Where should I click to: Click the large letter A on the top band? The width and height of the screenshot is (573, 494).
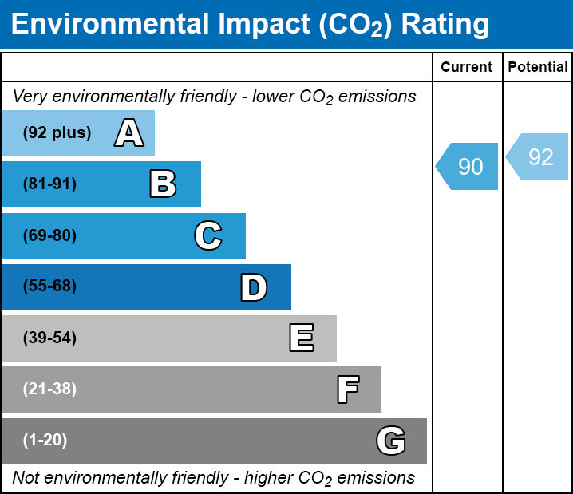pyautogui.click(x=129, y=133)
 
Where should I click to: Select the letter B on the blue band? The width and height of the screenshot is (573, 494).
pyautogui.click(x=163, y=184)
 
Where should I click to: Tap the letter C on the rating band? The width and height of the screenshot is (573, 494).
pyautogui.click(x=207, y=236)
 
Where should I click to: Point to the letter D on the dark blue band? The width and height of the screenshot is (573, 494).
pyautogui.click(x=254, y=287)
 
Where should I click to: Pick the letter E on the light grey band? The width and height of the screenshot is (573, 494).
pyautogui.click(x=301, y=338)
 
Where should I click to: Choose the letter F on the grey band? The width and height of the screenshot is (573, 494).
pyautogui.click(x=347, y=389)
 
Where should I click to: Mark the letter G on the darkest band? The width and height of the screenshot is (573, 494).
pyautogui.click(x=391, y=441)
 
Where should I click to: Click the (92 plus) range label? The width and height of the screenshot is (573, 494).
pyautogui.click(x=57, y=133)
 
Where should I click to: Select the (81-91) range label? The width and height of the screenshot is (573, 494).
pyautogui.click(x=49, y=184)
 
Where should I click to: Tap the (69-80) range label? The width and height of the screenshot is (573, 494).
pyautogui.click(x=49, y=236)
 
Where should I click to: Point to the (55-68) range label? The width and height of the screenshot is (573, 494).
pyautogui.click(x=49, y=287)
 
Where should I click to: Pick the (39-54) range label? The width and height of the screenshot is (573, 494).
pyautogui.click(x=49, y=338)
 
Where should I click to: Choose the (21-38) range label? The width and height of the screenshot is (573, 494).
pyautogui.click(x=49, y=389)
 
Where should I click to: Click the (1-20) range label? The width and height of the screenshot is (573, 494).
pyautogui.click(x=45, y=441)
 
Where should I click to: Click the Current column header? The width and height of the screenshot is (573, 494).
pyautogui.click(x=467, y=68)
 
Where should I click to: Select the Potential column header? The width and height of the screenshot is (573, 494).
pyautogui.click(x=538, y=68)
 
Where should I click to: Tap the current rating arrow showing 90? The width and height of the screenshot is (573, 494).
pyautogui.click(x=468, y=167)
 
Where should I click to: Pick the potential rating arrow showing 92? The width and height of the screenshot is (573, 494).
pyautogui.click(x=539, y=156)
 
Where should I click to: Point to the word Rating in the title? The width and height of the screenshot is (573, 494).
pyautogui.click(x=445, y=25)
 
